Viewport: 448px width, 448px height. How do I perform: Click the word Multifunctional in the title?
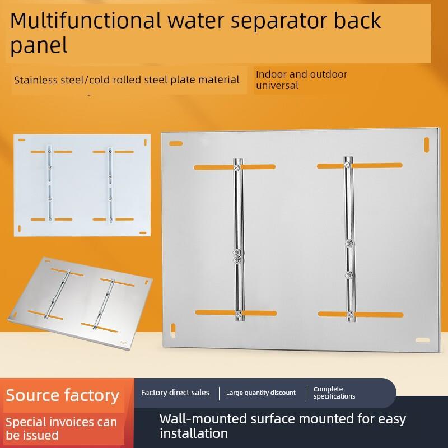(x=86, y=21)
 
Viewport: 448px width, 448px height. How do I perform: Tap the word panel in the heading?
(x=39, y=46)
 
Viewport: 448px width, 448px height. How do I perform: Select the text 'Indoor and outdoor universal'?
(x=301, y=80)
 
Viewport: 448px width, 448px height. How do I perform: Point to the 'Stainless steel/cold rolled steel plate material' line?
(x=127, y=80)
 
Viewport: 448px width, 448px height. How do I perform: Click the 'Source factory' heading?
(x=62, y=396)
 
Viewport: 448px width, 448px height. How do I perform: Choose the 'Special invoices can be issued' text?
(x=62, y=428)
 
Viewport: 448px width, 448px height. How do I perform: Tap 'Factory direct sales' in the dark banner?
(x=175, y=393)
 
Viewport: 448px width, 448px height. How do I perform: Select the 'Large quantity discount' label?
(x=261, y=393)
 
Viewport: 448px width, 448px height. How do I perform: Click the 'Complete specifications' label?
(x=334, y=393)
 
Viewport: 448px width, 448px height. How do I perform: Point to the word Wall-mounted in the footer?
(x=203, y=419)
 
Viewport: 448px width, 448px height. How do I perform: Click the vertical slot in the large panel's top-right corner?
(x=426, y=145)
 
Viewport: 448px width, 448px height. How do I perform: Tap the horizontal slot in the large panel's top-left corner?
(x=176, y=143)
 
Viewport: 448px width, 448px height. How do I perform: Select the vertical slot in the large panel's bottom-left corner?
(x=173, y=330)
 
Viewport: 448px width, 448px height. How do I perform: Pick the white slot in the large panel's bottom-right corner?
(x=423, y=340)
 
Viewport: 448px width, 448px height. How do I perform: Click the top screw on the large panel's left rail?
(x=237, y=167)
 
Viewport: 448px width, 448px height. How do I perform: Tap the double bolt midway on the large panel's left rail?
(x=237, y=256)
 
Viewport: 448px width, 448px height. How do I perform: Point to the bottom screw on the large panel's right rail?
(x=349, y=315)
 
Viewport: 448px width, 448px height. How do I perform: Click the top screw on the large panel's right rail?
(x=347, y=165)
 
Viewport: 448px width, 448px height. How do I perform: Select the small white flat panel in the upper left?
(x=82, y=185)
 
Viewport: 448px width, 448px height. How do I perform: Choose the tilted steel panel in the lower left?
(x=81, y=304)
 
